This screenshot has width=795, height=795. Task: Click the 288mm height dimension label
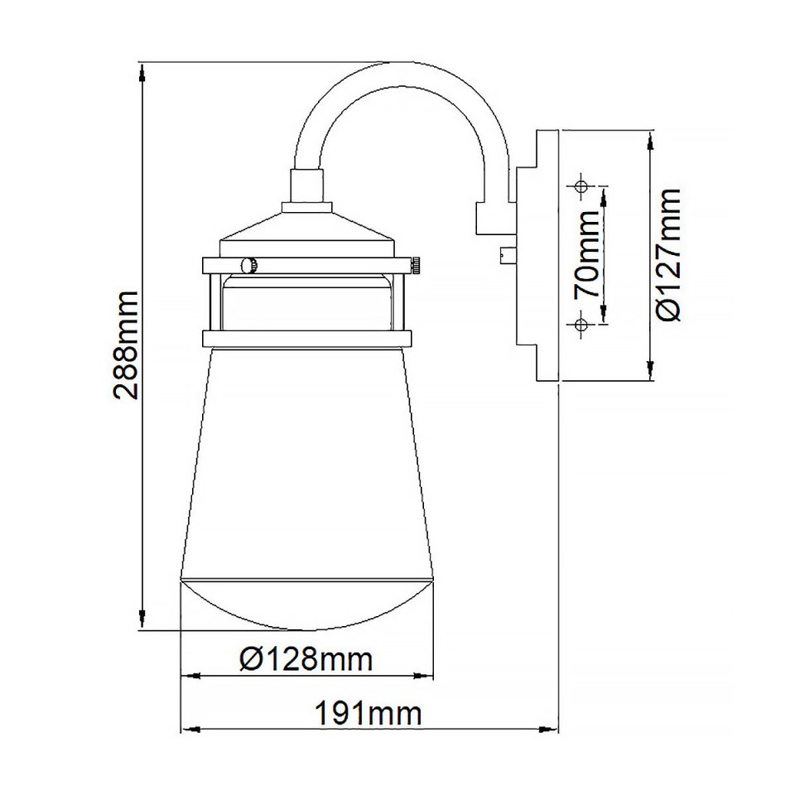(127, 344)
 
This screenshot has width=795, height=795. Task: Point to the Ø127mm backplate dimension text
(667, 254)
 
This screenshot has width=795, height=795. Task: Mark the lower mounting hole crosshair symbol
(581, 324)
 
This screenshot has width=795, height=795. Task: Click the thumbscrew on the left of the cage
(247, 265)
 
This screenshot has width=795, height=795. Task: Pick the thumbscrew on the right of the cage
(415, 265)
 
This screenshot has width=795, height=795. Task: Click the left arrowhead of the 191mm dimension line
(185, 730)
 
